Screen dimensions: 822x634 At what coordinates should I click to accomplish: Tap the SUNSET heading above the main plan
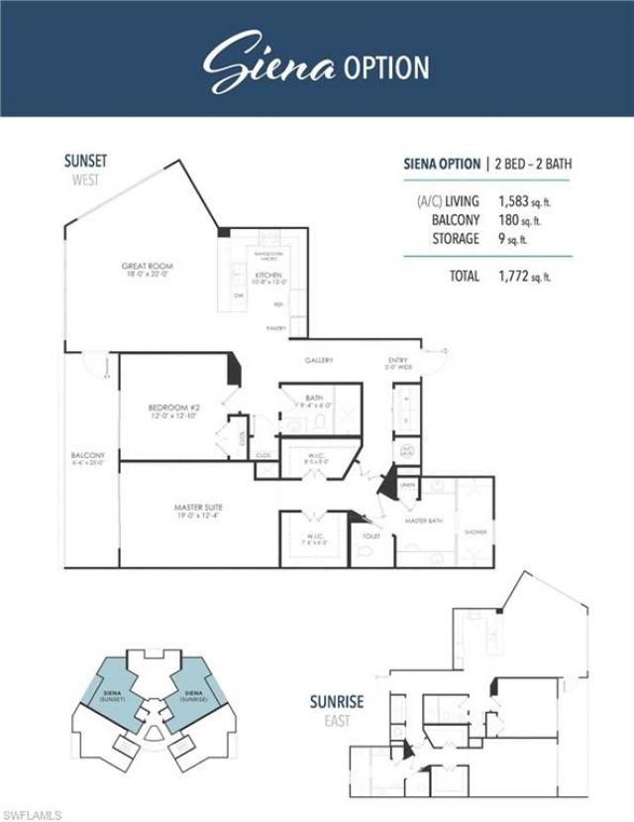pos(86,161)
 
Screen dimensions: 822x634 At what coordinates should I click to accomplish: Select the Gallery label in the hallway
pos(319,360)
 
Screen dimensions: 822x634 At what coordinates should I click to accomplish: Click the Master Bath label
pos(423,520)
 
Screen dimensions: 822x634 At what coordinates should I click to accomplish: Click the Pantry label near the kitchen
pos(276,327)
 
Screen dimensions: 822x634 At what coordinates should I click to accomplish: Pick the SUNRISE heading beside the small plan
pos(336,702)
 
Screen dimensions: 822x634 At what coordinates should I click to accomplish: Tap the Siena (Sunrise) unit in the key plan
pos(193,695)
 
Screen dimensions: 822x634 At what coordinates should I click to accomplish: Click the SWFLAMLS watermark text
pos(32,814)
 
